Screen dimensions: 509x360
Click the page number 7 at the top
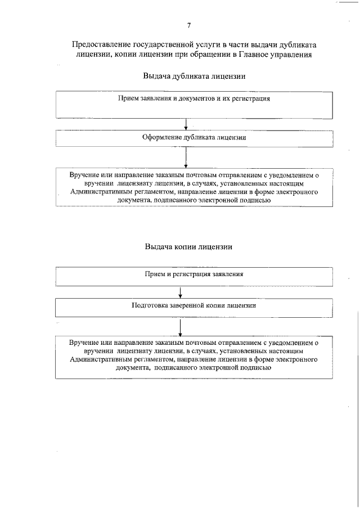(189, 25)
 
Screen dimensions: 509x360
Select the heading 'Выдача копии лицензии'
(188, 246)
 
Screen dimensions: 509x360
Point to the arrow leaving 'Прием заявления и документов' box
(185, 124)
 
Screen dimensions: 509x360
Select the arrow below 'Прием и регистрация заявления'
(179, 292)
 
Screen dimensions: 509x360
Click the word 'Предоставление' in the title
(101, 44)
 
